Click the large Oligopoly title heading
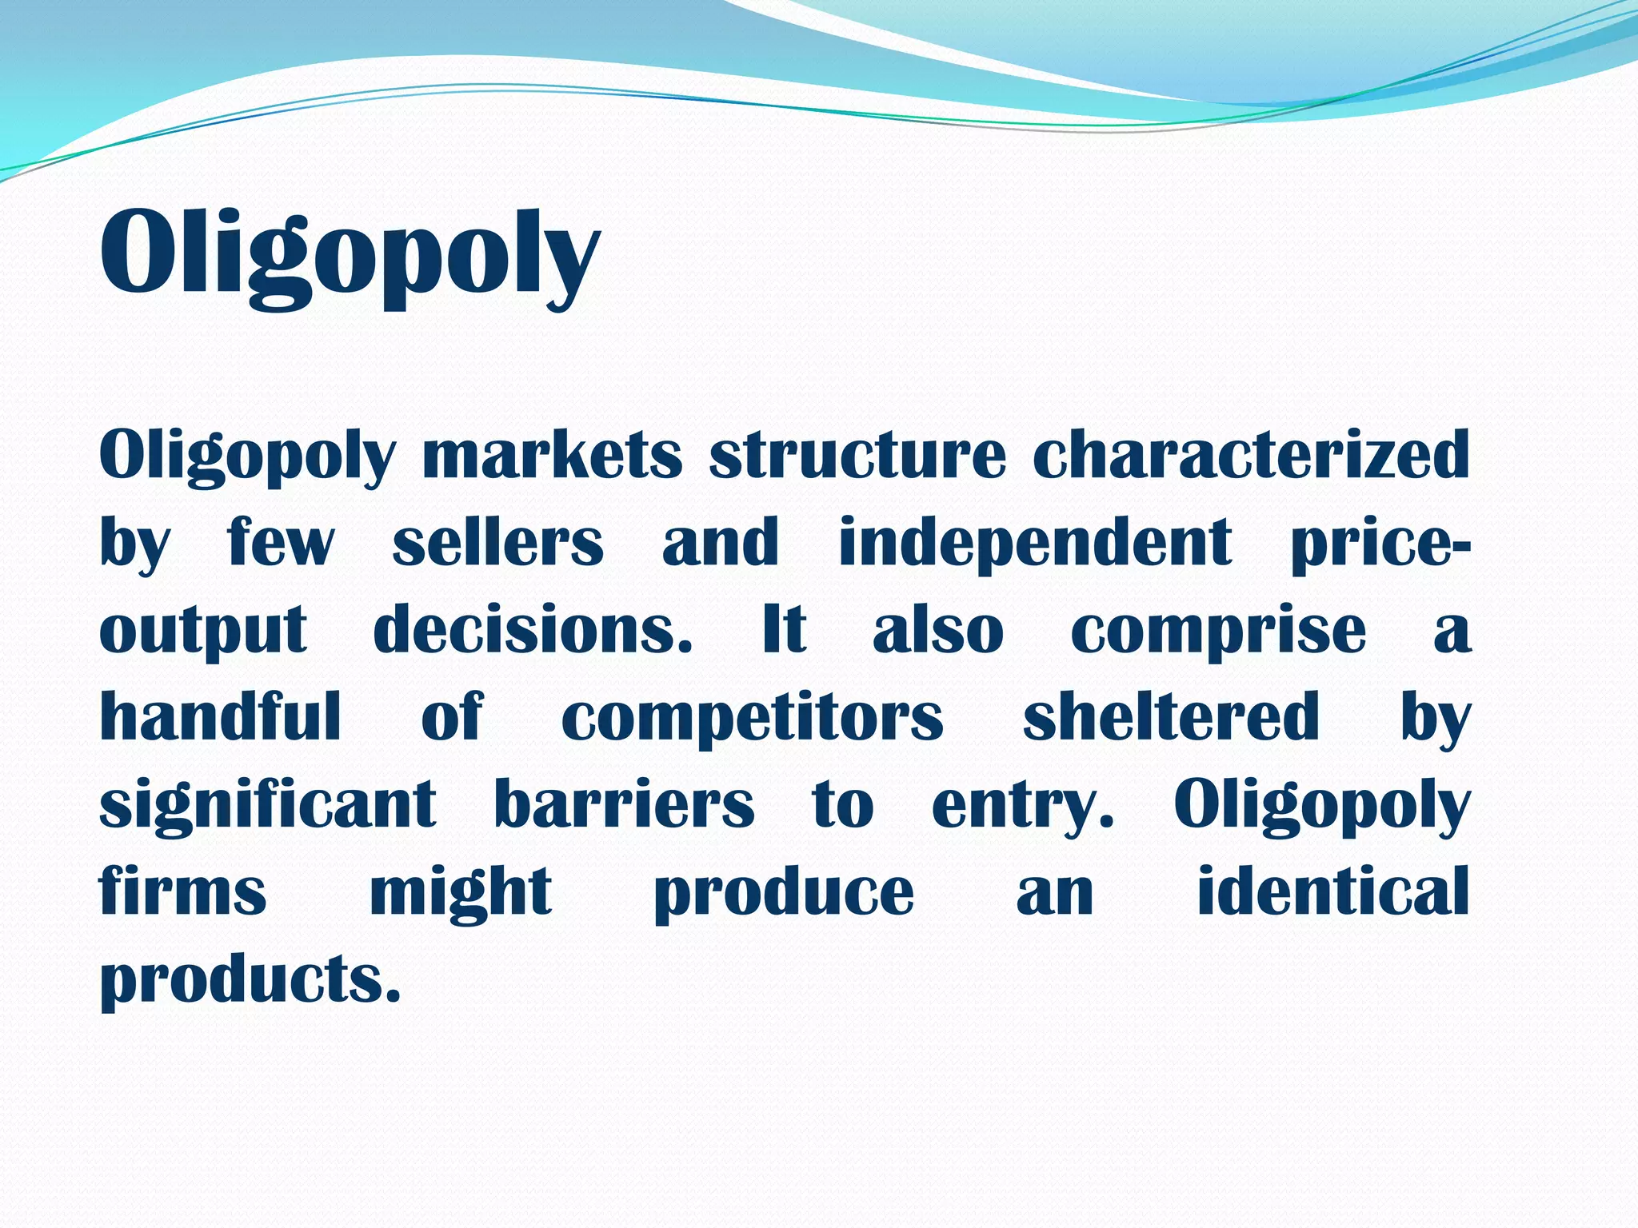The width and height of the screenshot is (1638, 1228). (349, 254)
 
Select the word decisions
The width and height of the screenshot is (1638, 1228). (533, 630)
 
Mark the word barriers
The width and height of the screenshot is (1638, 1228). (624, 804)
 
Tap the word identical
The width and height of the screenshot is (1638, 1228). (1332, 891)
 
